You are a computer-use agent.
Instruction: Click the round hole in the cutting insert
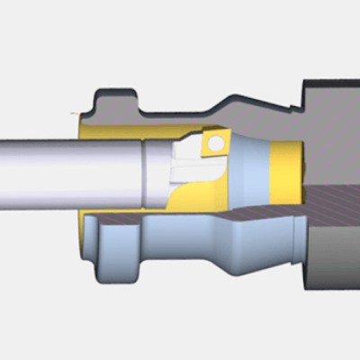[x=216, y=143]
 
